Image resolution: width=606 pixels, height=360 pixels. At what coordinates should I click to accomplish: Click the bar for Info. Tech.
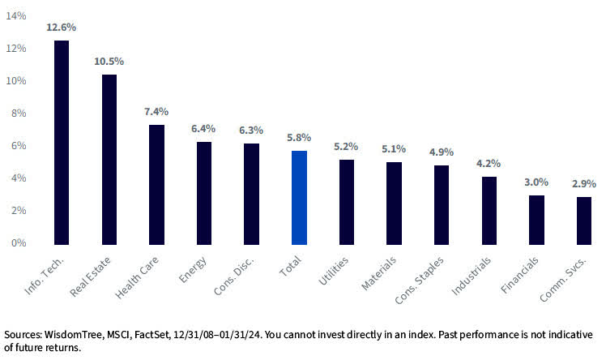(x=61, y=142)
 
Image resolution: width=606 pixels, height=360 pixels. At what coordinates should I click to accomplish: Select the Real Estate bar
(x=109, y=159)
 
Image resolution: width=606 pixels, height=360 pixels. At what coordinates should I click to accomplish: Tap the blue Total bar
(x=299, y=197)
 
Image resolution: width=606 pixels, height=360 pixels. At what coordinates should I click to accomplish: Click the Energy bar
(x=204, y=193)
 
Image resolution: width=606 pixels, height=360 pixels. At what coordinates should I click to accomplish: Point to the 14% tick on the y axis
(x=15, y=17)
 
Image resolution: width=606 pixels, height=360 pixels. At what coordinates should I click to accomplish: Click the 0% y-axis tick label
(x=18, y=243)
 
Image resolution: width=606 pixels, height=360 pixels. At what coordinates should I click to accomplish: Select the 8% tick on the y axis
(x=18, y=114)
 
